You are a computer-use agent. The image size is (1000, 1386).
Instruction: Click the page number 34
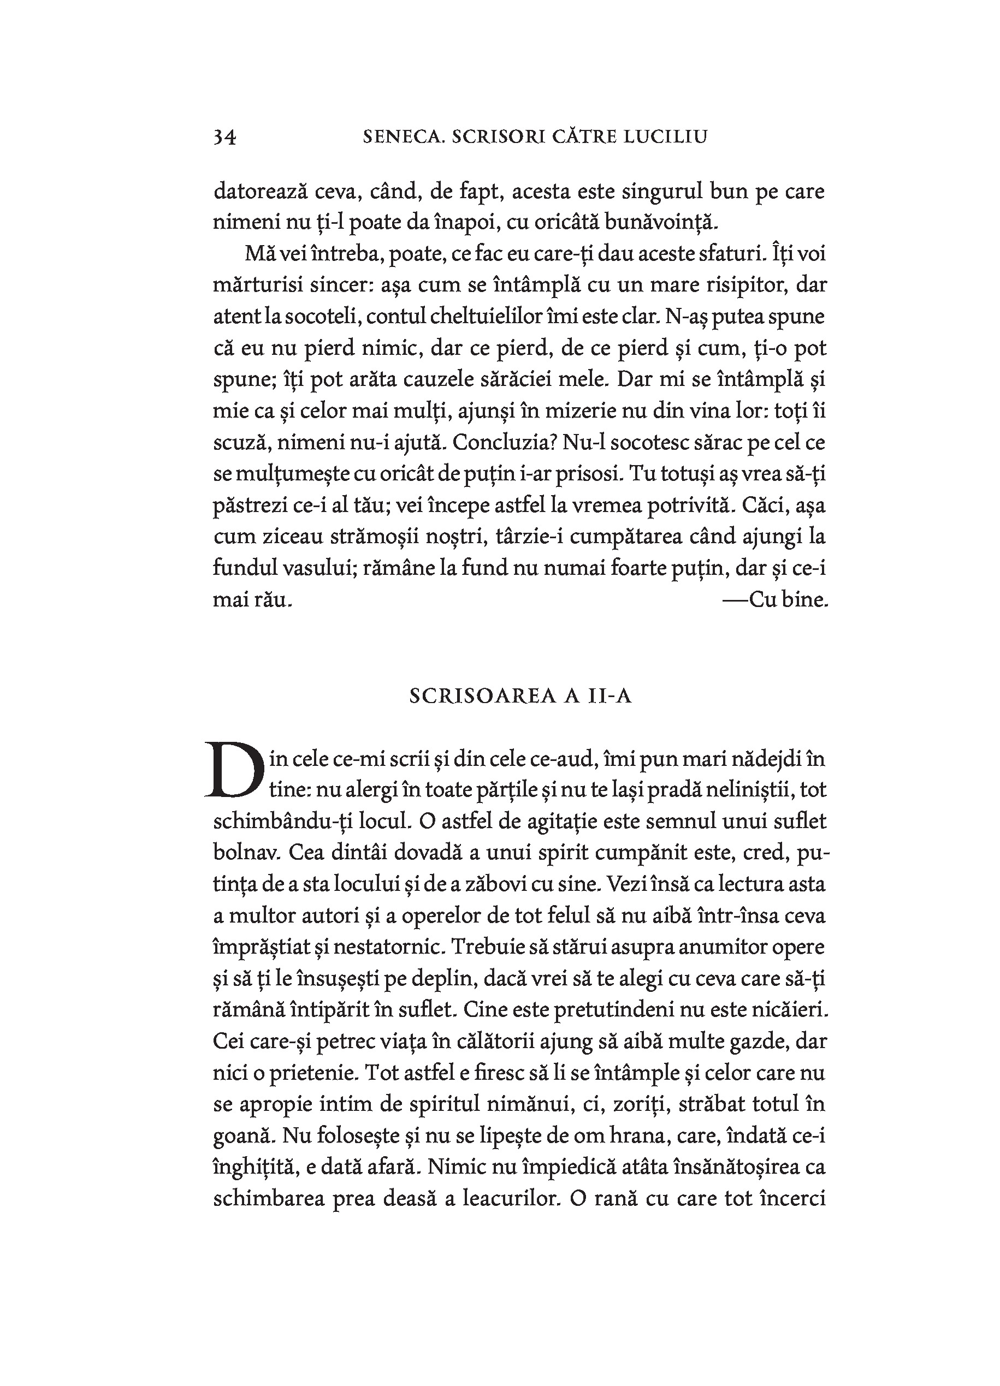click(224, 137)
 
